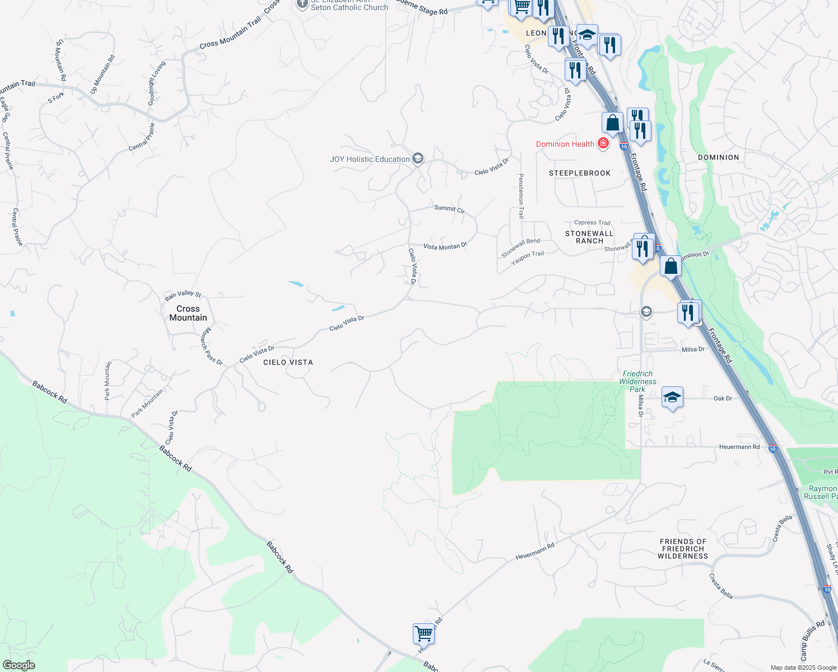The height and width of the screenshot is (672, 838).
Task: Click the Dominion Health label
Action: [565, 144]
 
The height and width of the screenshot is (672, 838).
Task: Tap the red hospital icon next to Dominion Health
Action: [603, 144]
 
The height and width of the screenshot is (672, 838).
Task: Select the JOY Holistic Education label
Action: [370, 160]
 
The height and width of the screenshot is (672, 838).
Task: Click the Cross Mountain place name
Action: [188, 313]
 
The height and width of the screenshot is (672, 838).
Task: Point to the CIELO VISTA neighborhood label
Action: [288, 362]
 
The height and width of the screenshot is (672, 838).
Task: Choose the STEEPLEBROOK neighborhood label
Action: [580, 173]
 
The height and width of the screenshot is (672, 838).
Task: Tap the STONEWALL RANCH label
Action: [589, 237]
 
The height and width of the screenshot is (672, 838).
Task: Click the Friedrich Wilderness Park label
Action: [637, 381]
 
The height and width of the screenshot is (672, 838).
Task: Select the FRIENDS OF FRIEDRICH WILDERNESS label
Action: [683, 549]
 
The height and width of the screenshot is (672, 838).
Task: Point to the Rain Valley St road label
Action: [183, 295]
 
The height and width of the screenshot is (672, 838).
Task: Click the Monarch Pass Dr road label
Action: [211, 346]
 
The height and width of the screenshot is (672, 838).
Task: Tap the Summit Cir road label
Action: [449, 209]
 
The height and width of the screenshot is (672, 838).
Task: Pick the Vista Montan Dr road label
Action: [445, 246]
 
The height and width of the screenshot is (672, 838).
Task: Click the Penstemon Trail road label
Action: [521, 195]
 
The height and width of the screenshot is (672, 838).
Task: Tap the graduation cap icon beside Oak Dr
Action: [672, 398]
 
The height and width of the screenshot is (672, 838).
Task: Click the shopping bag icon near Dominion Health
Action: [612, 123]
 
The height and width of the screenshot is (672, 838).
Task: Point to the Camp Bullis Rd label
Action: [812, 641]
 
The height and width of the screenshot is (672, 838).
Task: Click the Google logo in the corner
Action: [19, 665]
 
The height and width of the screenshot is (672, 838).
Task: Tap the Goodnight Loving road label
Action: [156, 83]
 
